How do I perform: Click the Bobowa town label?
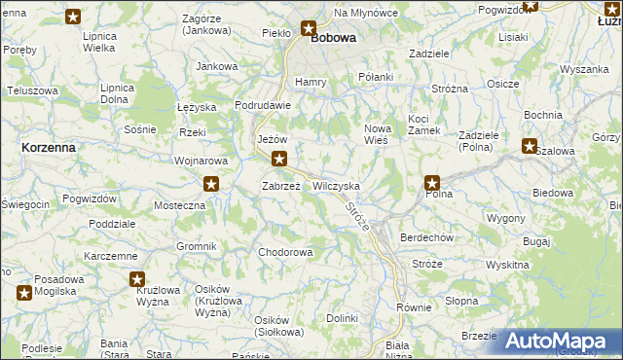pyautogui.click(x=333, y=39)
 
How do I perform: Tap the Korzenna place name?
pyautogui.click(x=48, y=146)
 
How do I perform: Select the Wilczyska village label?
pyautogui.click(x=337, y=185)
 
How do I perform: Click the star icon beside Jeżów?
pyautogui.click(x=279, y=160)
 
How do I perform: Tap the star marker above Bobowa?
pyautogui.click(x=309, y=29)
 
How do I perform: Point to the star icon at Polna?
pyautogui.click(x=432, y=183)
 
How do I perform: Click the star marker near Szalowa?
pyautogui.click(x=529, y=147)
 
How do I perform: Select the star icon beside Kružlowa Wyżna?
pyautogui.click(x=138, y=280)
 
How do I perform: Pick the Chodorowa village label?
pyautogui.click(x=285, y=253)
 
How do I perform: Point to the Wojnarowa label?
pyautogui.click(x=201, y=161)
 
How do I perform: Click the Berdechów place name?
pyautogui.click(x=428, y=237)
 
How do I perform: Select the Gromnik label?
pyautogui.click(x=196, y=246)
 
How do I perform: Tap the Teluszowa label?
pyautogui.click(x=32, y=90)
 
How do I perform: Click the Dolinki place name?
pyautogui.click(x=343, y=318)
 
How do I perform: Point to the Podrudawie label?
pyautogui.click(x=264, y=105)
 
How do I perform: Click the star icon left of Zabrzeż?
pyautogui.click(x=211, y=183)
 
